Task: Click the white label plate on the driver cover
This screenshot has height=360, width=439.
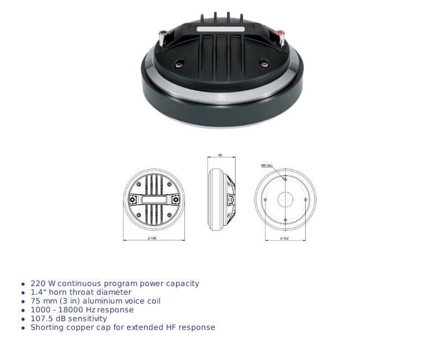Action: (x=221, y=29)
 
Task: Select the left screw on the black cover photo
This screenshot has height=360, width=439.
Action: (x=178, y=64)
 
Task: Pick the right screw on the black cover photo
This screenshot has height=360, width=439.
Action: (x=264, y=64)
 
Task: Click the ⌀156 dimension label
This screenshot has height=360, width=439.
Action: (x=152, y=238)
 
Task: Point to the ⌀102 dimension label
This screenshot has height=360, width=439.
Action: (x=284, y=238)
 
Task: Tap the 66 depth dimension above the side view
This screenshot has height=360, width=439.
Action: (x=220, y=155)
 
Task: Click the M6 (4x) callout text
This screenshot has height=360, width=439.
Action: (x=267, y=165)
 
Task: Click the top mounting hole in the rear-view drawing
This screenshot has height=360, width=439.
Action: (x=285, y=179)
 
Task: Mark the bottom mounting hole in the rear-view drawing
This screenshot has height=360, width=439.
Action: (x=285, y=220)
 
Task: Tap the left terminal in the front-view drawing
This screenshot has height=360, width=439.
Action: (x=132, y=200)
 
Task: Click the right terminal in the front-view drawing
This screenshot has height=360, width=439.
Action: (x=176, y=200)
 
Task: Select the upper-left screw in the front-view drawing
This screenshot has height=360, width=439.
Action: (x=139, y=184)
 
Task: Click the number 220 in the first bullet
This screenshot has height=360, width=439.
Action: (x=38, y=283)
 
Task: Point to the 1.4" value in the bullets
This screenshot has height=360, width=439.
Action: (x=39, y=292)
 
